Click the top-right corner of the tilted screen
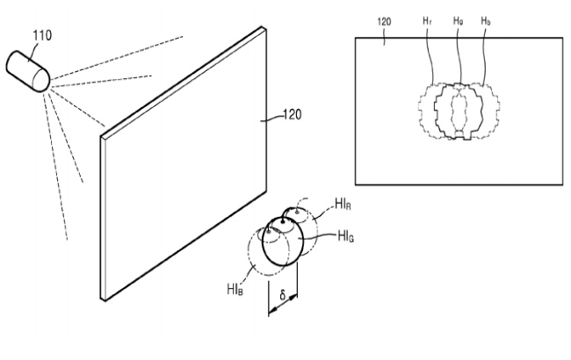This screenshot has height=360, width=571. [264, 27]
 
